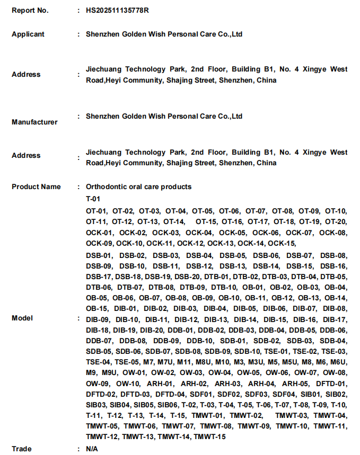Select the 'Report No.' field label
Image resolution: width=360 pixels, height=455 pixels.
30,10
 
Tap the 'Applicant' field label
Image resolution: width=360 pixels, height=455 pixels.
28,34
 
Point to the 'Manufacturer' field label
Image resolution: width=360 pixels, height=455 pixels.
34,122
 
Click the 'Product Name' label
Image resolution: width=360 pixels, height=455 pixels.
36,186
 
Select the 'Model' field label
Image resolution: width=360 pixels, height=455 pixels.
22,318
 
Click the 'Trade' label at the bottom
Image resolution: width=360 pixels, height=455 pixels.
21,449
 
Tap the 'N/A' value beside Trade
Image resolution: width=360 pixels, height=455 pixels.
92,449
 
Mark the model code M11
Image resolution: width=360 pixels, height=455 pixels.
184,362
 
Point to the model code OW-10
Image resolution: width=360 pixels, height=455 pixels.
128,383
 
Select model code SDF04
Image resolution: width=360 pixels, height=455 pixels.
283,394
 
